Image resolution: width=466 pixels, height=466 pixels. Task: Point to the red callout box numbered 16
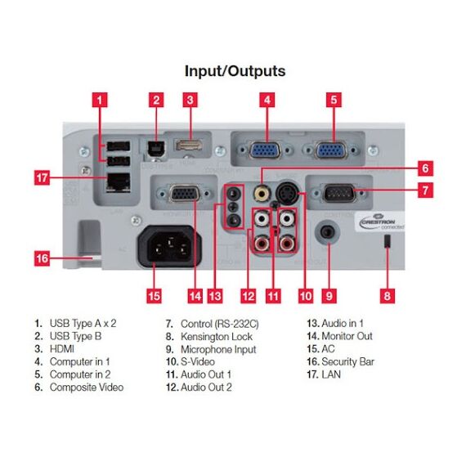click(x=42, y=259)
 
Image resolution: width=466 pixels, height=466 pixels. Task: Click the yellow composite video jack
click(x=262, y=194)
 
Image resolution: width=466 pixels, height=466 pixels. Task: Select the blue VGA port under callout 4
click(x=267, y=150)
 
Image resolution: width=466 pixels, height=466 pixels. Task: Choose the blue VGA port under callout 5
click(x=332, y=150)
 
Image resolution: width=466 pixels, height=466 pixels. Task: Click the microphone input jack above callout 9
click(x=329, y=231)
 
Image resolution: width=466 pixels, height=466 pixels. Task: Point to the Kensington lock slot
click(x=388, y=243)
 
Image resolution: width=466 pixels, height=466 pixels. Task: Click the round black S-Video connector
click(x=289, y=193)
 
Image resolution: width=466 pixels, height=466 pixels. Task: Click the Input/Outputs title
click(x=235, y=71)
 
